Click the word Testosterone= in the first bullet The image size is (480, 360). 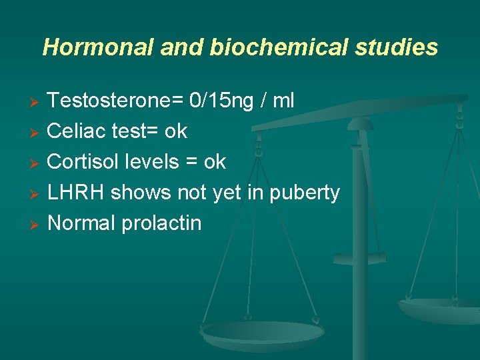116,101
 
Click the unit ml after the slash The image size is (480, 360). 283,101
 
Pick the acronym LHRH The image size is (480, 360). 76,193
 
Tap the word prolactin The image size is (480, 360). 161,223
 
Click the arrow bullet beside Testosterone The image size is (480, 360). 37,102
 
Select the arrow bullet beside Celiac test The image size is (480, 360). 37,133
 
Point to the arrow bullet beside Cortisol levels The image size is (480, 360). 37,163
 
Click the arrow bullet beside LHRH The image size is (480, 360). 37,194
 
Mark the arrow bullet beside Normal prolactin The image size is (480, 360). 37,225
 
